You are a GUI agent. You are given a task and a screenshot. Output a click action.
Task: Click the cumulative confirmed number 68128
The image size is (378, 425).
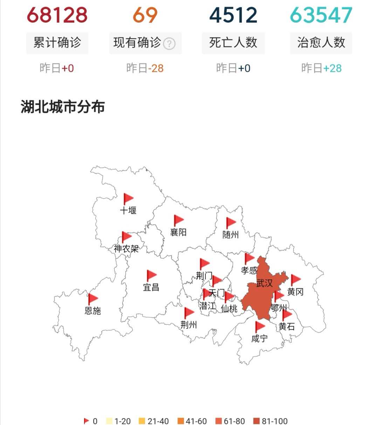tap(57, 15)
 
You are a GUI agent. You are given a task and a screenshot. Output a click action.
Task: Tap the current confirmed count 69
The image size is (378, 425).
tap(145, 15)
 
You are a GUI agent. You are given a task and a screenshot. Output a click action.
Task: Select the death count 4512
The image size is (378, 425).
tap(233, 15)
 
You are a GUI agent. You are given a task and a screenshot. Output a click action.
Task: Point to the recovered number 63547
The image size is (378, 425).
tap(321, 15)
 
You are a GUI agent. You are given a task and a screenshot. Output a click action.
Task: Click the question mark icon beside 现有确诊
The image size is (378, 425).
tap(170, 44)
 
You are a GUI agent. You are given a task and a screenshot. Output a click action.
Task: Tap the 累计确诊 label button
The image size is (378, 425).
tap(57, 43)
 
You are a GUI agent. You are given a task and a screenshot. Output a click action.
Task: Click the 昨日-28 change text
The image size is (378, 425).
tap(145, 68)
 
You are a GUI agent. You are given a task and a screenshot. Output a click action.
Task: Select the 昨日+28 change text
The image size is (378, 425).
tap(321, 68)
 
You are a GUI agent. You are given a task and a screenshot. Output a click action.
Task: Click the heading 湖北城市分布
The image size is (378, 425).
tap(63, 107)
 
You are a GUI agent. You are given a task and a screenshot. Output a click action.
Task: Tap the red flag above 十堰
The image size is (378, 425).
tap(128, 199)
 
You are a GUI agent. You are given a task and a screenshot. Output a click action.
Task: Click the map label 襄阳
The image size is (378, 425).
tap(178, 232)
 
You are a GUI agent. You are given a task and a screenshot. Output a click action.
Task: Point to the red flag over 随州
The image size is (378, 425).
tap(231, 222)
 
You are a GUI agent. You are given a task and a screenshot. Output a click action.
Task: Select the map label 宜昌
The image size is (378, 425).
tap(151, 287)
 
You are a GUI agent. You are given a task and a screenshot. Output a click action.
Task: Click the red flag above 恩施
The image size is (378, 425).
tap(93, 299)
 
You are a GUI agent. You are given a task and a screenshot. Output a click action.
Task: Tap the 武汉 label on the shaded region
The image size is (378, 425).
tap(264, 283)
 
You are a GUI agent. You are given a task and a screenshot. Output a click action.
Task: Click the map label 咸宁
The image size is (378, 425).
tap(260, 338)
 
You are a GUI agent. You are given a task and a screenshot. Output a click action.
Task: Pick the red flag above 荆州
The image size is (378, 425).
tap(189, 313)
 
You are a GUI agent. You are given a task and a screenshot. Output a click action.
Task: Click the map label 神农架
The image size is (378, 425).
tap(126, 249)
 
